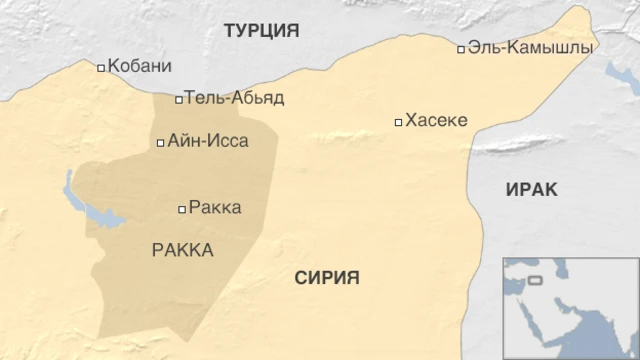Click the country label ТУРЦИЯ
(261, 30)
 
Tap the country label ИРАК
(531, 190)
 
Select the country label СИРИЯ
(327, 278)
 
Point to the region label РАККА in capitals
(182, 250)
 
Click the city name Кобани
(139, 66)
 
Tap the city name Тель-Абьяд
(234, 98)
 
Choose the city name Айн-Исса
(208, 142)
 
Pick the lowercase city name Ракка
(214, 208)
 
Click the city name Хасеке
(436, 121)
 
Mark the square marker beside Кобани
(101, 68)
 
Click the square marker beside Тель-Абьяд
(179, 99)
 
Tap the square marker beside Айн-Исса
(161, 143)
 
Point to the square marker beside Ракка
(181, 209)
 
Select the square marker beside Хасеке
(398, 122)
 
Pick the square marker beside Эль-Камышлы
(461, 49)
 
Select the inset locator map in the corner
(570, 308)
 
